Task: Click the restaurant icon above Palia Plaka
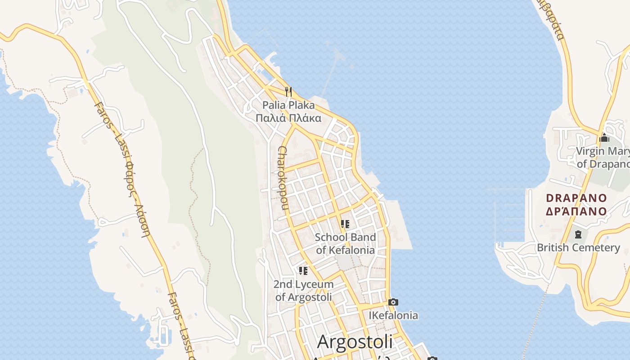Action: (288, 92)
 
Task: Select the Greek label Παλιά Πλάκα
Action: (288, 118)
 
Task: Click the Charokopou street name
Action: (283, 178)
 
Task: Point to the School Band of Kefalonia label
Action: (345, 243)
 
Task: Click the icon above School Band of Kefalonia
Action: (345, 224)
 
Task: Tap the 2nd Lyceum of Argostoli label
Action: (303, 291)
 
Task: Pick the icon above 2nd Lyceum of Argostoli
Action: (303, 271)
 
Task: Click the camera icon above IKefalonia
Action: (393, 302)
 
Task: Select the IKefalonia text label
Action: (393, 315)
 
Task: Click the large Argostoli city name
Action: (355, 342)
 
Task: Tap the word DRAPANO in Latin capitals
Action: (576, 198)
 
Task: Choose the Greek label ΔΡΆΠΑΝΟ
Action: (576, 211)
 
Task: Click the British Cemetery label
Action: (578, 247)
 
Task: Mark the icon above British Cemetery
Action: (578, 234)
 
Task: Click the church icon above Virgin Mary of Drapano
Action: (604, 138)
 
